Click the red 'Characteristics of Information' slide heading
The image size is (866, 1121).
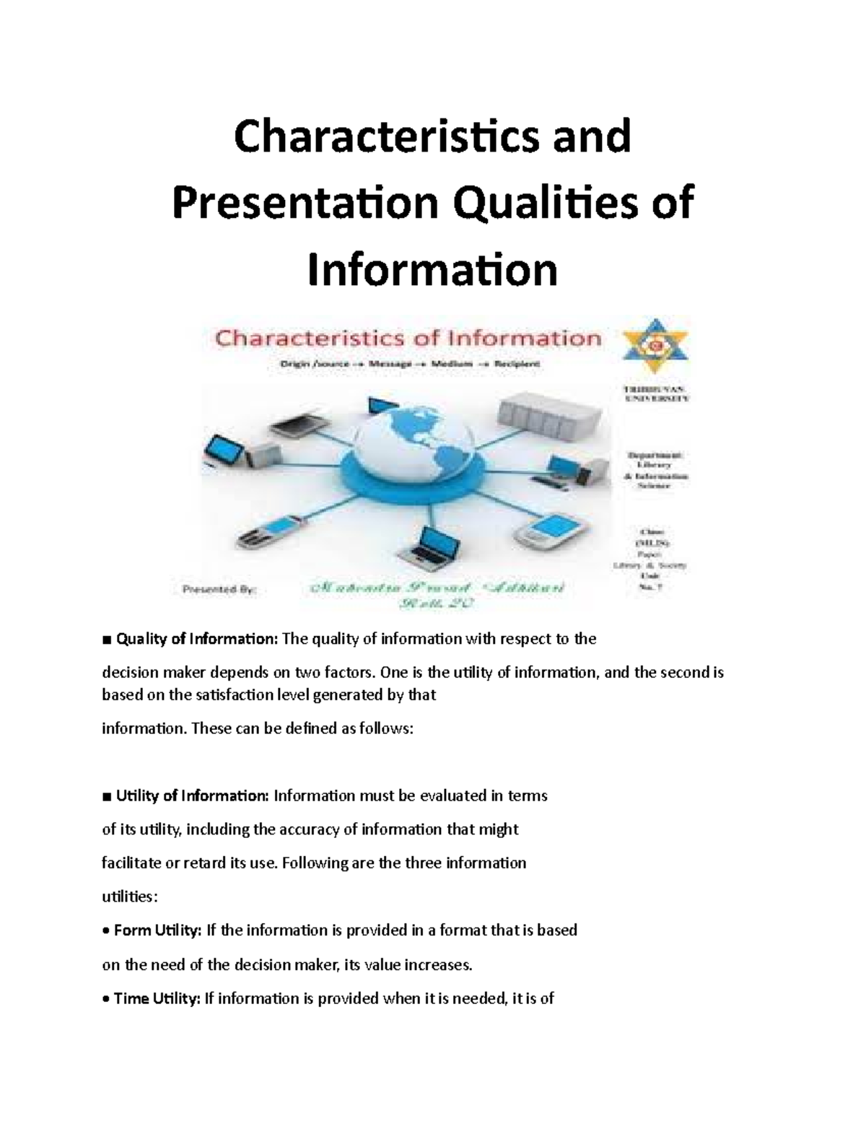click(x=408, y=338)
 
